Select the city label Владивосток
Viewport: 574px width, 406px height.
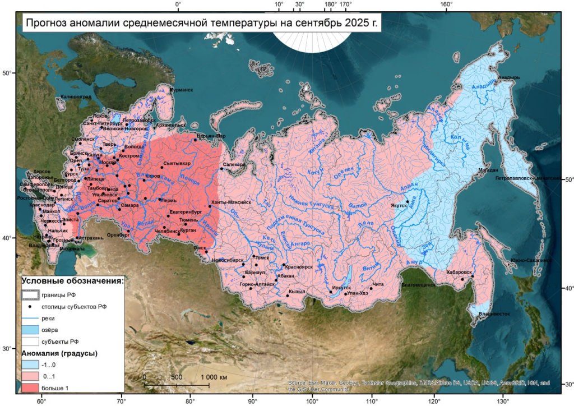point(494,314)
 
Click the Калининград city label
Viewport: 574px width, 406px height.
point(75,97)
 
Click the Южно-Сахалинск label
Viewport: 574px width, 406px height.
point(531,260)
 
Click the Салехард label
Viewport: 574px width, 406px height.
point(234,165)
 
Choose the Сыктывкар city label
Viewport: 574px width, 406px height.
point(177,164)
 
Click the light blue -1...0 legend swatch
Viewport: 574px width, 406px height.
point(31,365)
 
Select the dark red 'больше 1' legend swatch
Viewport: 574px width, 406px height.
point(31,387)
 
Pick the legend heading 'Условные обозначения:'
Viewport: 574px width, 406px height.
point(73,281)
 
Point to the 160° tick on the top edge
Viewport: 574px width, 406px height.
point(446,5)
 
